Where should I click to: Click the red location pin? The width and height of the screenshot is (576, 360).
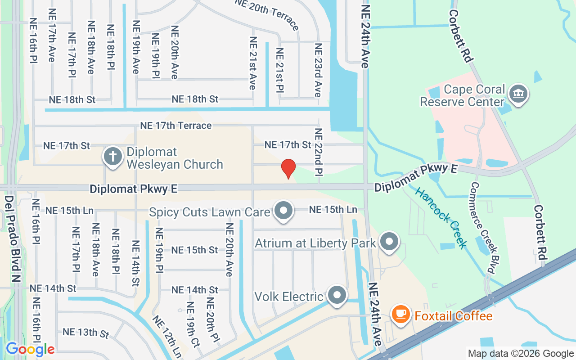(x=288, y=169)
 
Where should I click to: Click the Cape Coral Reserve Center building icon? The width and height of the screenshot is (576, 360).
(x=519, y=94)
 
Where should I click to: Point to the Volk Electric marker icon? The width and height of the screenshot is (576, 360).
(x=337, y=295)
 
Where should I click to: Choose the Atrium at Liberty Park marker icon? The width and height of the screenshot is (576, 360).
(x=389, y=242)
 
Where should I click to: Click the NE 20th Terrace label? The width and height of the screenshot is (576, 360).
(x=266, y=14)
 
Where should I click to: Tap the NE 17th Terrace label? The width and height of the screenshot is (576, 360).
(x=176, y=126)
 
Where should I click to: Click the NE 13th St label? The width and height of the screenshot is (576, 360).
(x=86, y=333)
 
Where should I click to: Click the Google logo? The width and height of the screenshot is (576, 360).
(x=30, y=349)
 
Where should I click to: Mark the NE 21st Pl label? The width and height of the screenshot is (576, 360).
(x=279, y=70)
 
